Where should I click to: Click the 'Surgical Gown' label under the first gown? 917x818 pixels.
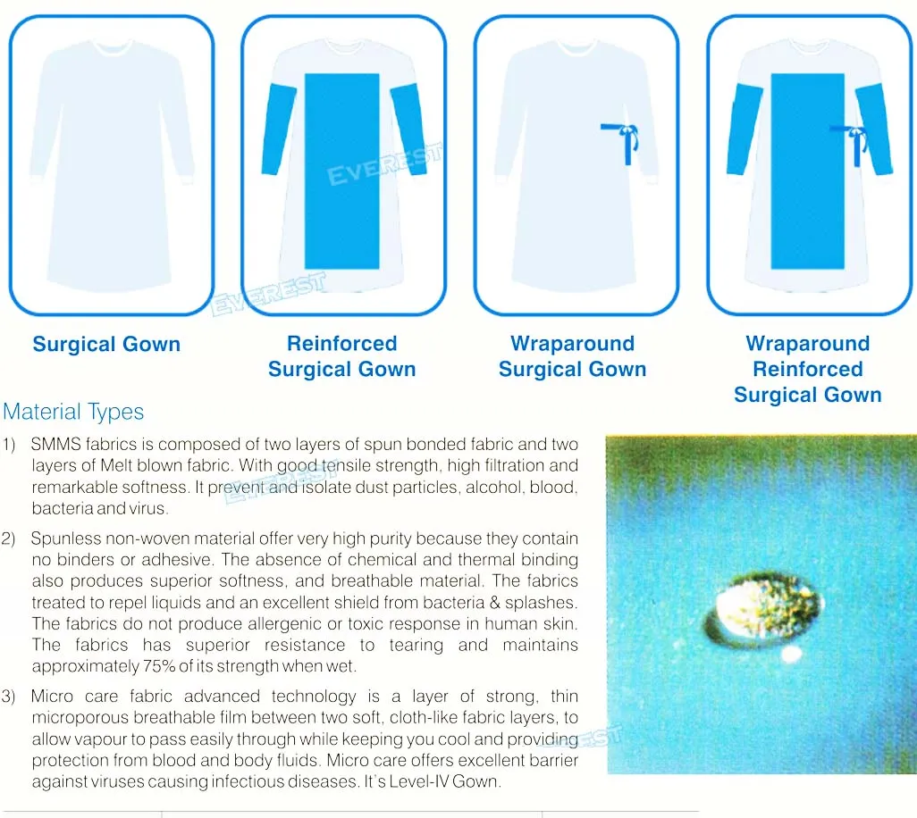coord(106,345)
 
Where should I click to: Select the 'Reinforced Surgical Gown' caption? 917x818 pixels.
coord(341,356)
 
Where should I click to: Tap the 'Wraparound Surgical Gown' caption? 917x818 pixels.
coord(572,356)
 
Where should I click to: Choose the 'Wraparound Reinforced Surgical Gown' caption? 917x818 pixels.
coord(807,369)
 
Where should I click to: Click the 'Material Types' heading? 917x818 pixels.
coord(73,412)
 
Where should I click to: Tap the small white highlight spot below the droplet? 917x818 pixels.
coord(790,655)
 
